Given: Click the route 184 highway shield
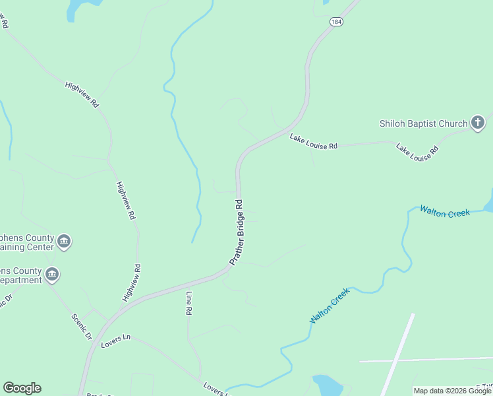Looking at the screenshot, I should [x=337, y=21].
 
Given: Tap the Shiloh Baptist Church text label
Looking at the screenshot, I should [x=423, y=123].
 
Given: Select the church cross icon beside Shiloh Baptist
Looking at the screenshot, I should [x=478, y=122].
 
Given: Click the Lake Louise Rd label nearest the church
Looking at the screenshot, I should [x=417, y=152].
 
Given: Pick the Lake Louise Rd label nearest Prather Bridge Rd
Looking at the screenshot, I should [x=314, y=141].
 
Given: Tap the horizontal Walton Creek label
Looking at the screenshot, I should [x=445, y=213].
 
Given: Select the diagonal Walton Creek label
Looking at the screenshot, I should [x=329, y=306].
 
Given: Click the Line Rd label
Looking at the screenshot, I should [x=188, y=301].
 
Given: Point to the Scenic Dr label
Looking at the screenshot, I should [x=82, y=325].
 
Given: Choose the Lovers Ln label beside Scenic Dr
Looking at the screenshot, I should [x=116, y=341].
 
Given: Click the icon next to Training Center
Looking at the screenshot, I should [x=64, y=241].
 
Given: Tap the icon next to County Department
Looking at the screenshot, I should [x=53, y=274].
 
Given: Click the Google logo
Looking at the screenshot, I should [x=22, y=388].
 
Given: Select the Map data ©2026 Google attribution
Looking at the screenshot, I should [x=451, y=391].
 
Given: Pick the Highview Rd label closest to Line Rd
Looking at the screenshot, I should [x=132, y=282].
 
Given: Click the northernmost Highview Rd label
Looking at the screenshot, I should [x=82, y=95].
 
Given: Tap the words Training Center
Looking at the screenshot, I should [x=26, y=247].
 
